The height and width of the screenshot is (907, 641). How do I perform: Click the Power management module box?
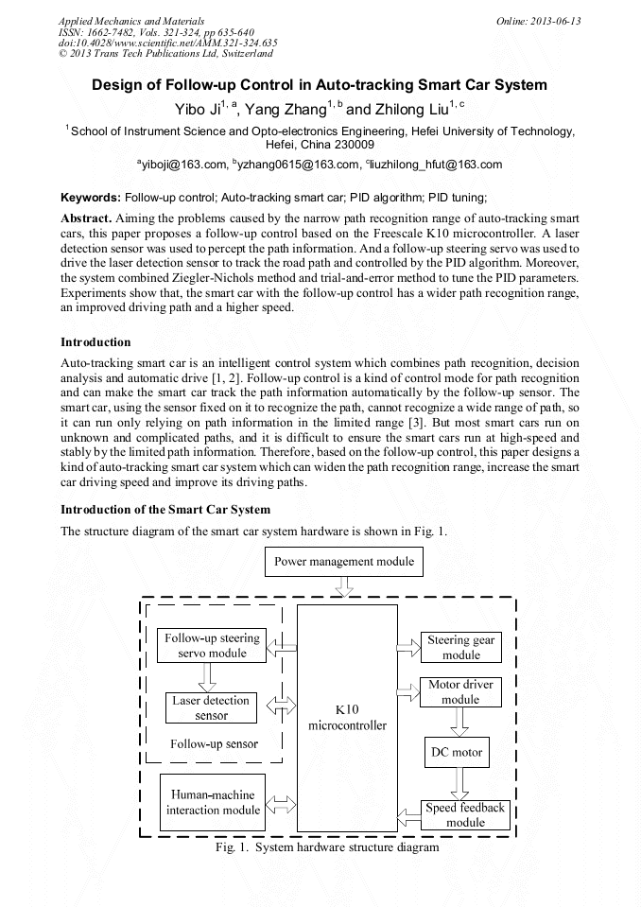point(344,562)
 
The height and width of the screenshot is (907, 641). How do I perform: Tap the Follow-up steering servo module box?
point(212,646)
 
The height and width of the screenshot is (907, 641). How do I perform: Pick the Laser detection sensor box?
point(211,708)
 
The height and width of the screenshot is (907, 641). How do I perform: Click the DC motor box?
point(460,753)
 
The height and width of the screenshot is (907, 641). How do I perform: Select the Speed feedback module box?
point(465,815)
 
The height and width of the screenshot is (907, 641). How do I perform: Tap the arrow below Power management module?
point(344,586)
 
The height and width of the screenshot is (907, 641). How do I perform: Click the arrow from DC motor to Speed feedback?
point(460,783)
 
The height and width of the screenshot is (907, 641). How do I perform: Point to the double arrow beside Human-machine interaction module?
point(281,805)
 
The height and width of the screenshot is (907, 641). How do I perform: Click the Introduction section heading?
point(95,342)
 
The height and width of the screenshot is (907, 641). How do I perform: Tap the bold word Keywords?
point(90,198)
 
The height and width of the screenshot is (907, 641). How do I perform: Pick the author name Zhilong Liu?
point(413,110)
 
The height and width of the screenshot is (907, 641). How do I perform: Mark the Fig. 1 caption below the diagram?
point(327,848)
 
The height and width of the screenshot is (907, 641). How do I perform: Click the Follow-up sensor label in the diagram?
point(214,743)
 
